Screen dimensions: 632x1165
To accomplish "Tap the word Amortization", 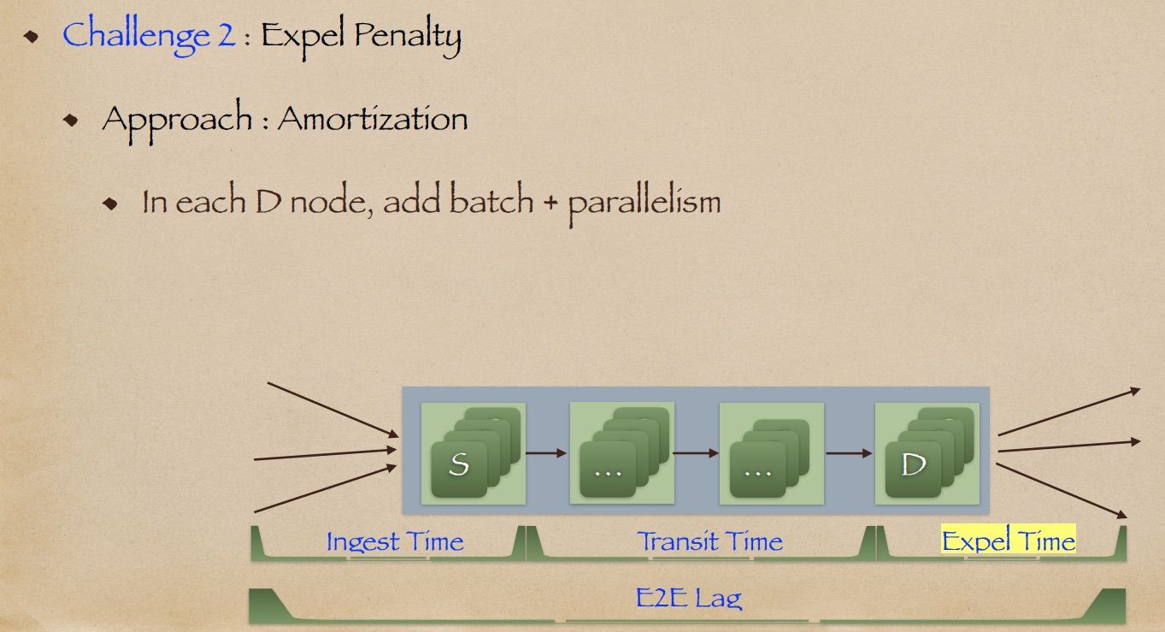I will coord(373,118).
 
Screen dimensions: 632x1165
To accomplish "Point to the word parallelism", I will coord(644,203).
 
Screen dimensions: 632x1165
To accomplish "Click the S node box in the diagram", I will coord(474,452).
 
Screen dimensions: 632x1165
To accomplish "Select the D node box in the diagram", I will coord(927,452).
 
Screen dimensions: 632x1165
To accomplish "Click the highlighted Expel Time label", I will coord(1008,541).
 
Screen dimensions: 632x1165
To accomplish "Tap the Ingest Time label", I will coord(395,541).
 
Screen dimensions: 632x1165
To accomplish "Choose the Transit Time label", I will coord(709,541).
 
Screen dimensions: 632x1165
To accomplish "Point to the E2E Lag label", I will coord(689,597).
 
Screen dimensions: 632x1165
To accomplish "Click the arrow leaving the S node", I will coord(547,453).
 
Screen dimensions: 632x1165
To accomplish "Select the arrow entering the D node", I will coord(849,453).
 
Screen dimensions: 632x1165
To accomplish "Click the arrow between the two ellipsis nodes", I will coord(697,453).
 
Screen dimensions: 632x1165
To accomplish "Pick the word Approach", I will coord(177,119).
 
